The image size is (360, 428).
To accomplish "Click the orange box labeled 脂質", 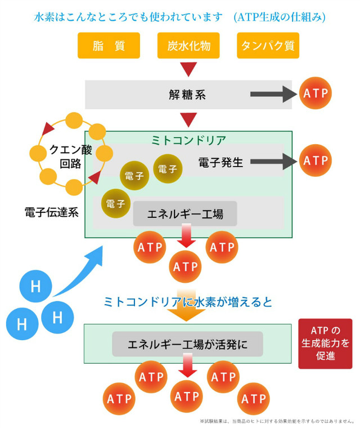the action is point(109,45).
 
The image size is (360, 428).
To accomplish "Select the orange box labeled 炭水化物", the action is point(188,45).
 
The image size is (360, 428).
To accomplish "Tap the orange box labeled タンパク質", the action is point(268,45).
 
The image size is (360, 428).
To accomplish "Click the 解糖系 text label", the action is point(187,95).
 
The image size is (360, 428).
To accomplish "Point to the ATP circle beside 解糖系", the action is point(316,93).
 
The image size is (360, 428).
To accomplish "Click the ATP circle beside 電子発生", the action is point(316,160).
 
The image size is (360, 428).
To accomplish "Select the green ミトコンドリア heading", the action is point(188,140).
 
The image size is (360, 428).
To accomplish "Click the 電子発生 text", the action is point(220,162).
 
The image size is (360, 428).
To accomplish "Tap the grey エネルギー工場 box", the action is point(185,214).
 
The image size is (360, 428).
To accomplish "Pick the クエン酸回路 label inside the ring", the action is point(71,157).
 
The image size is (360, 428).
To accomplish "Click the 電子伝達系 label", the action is point(52,212).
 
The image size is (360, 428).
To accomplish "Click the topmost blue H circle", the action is point(36,286).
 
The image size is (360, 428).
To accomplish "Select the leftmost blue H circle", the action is point(22,324).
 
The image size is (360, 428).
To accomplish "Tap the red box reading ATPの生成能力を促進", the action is point(325,344).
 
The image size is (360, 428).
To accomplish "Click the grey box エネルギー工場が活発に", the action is point(188,344).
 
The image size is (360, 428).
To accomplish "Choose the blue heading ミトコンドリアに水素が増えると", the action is point(188,302).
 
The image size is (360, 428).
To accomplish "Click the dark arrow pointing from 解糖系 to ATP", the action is point(273,94).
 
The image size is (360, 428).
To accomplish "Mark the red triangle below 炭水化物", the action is point(188,69).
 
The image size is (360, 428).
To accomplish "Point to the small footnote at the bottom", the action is point(277,421).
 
